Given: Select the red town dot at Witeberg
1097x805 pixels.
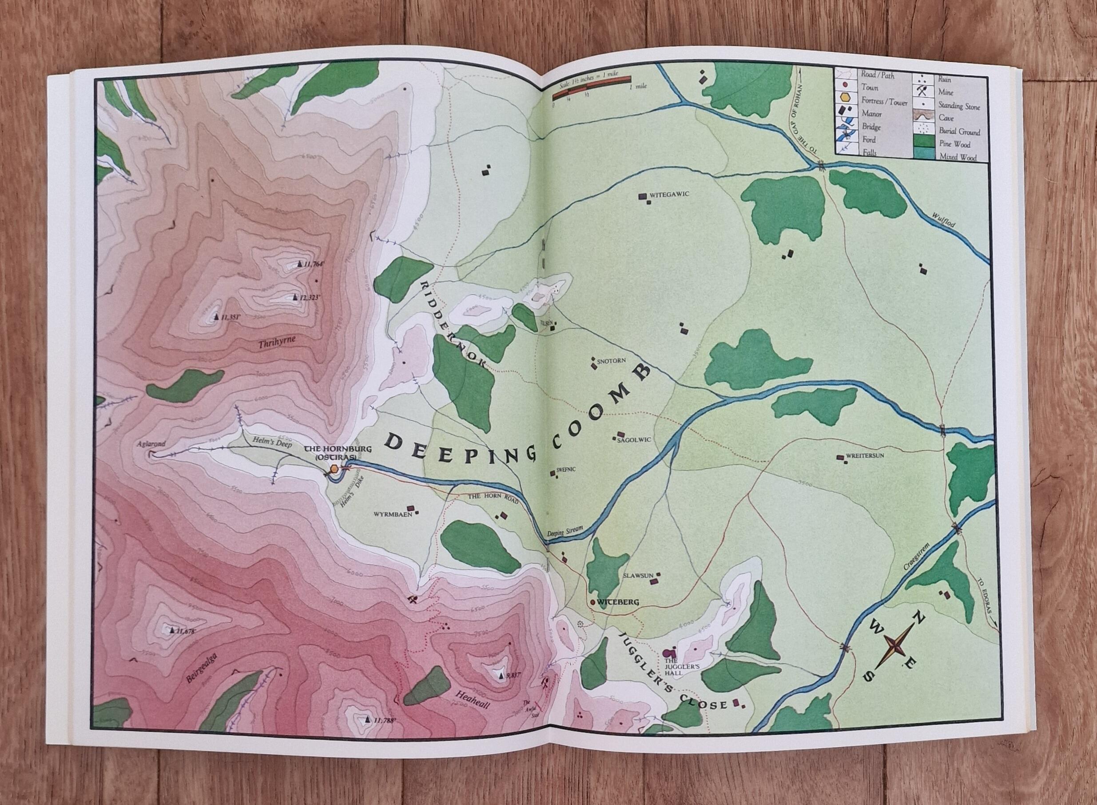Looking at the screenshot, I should pyautogui.click(x=592, y=602).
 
